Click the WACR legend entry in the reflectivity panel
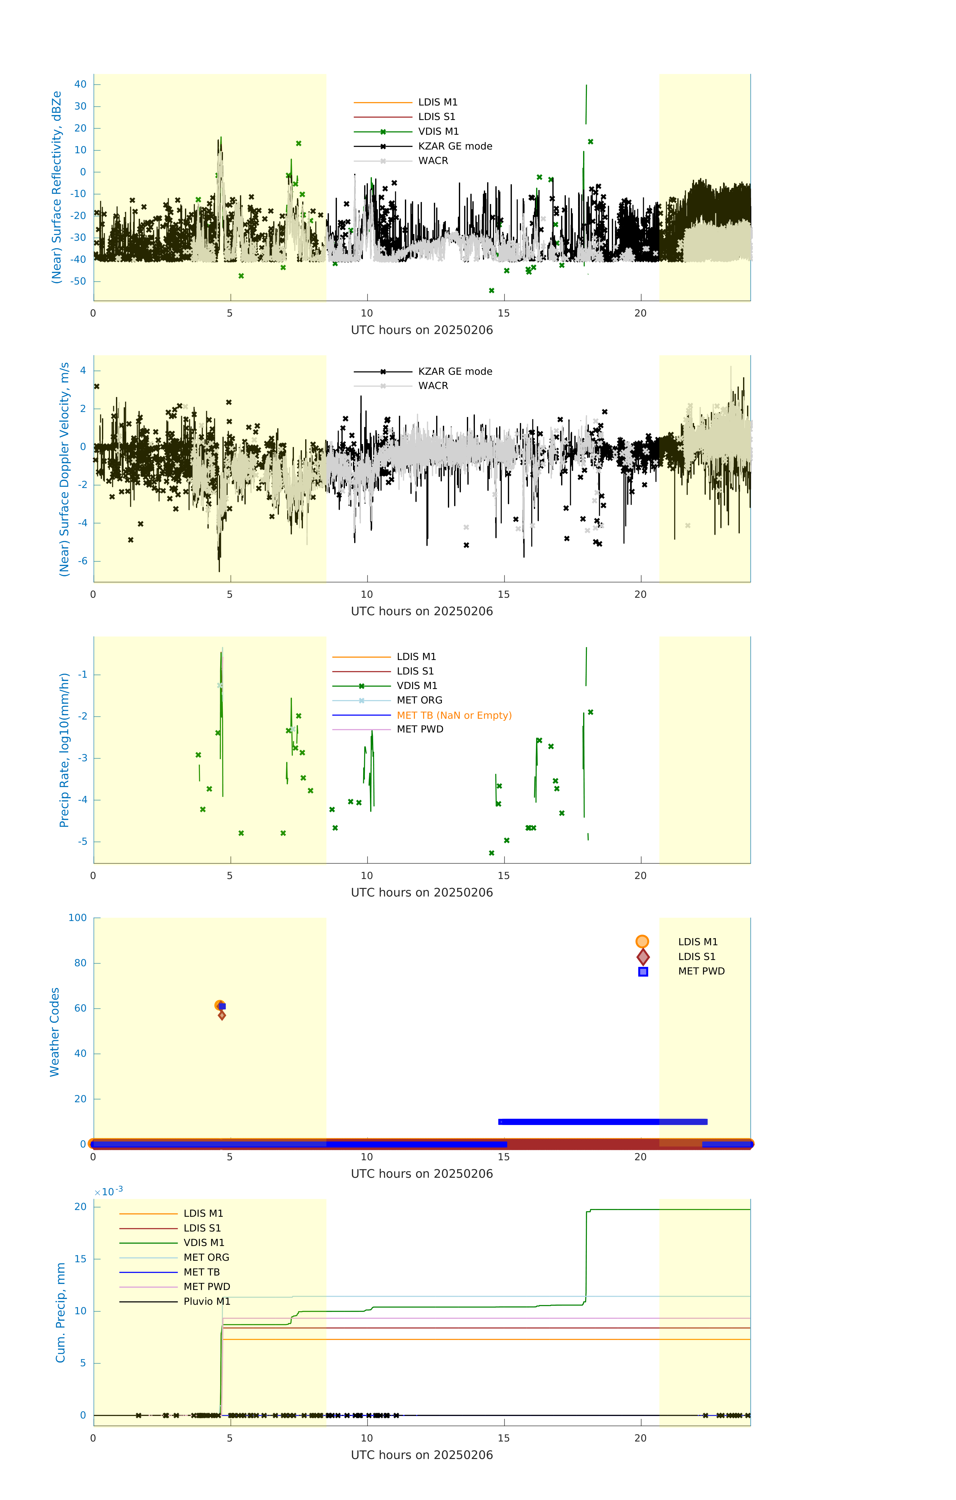pyautogui.click(x=433, y=161)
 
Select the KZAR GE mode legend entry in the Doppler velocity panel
pyautogui.click(x=455, y=371)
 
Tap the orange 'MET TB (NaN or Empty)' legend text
pyautogui.click(x=454, y=715)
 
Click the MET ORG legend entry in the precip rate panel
pyautogui.click(x=419, y=700)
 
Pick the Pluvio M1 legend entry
pyautogui.click(x=207, y=1301)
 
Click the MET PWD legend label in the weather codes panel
pyautogui.click(x=701, y=971)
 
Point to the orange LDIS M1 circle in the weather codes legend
pyautogui.click(x=642, y=941)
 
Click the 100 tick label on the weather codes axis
pyautogui.click(x=78, y=917)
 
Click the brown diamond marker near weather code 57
pyautogui.click(x=222, y=1015)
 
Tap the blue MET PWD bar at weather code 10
pyautogui.click(x=602, y=1122)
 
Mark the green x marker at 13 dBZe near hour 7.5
pyautogui.click(x=299, y=143)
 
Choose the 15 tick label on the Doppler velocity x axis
pyautogui.click(x=503, y=594)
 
